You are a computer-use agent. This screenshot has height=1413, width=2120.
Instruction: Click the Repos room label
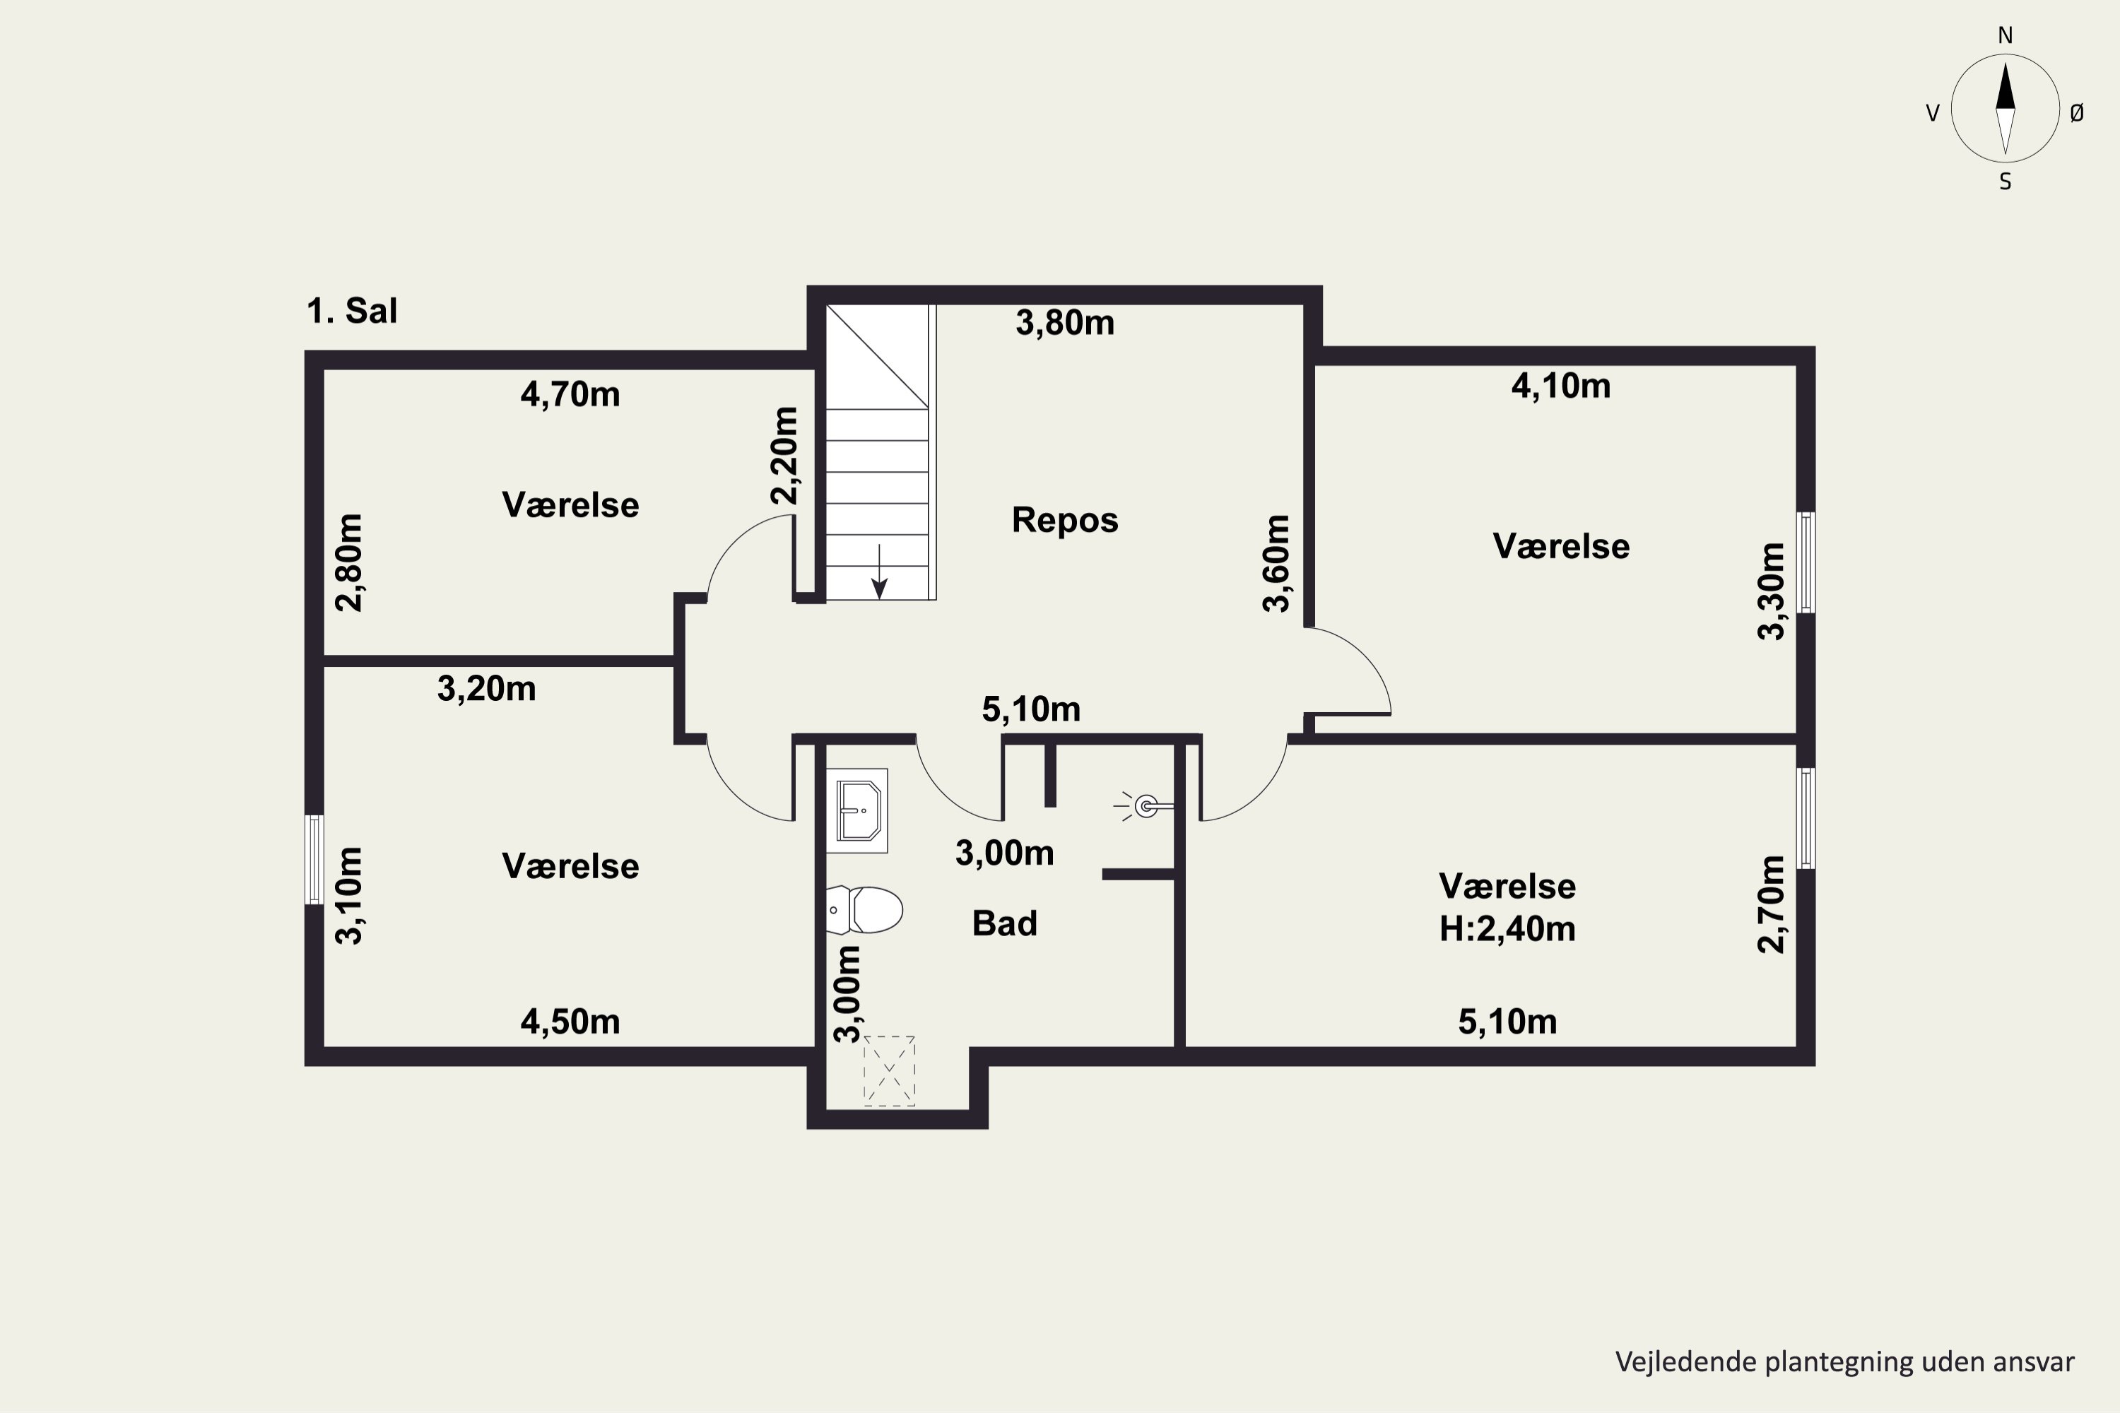click(x=1064, y=520)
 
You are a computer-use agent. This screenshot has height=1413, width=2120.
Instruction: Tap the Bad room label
click(x=1004, y=923)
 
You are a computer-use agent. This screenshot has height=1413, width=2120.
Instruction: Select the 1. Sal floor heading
click(x=351, y=311)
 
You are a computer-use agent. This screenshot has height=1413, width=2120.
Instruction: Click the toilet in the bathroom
click(x=864, y=909)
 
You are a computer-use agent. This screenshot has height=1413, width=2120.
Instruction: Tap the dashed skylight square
click(x=889, y=1070)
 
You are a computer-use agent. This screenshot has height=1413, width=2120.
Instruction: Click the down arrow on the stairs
click(x=879, y=572)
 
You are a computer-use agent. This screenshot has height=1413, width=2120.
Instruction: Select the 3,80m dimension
click(x=1064, y=323)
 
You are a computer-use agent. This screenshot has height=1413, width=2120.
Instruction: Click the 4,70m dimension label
click(x=570, y=395)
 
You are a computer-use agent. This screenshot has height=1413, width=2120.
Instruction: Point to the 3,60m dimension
click(x=1276, y=563)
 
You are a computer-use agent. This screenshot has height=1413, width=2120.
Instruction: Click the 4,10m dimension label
click(x=1560, y=386)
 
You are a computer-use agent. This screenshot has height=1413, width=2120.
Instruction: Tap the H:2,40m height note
click(x=1507, y=928)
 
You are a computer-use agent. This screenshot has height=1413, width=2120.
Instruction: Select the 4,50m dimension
click(x=570, y=1021)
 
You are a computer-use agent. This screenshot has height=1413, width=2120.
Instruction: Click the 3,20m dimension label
click(x=486, y=688)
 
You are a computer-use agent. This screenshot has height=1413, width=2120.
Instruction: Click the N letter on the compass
click(x=2006, y=35)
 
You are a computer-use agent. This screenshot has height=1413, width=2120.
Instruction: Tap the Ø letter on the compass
click(x=2077, y=112)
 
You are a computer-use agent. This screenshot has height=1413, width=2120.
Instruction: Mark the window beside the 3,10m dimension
click(x=314, y=859)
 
